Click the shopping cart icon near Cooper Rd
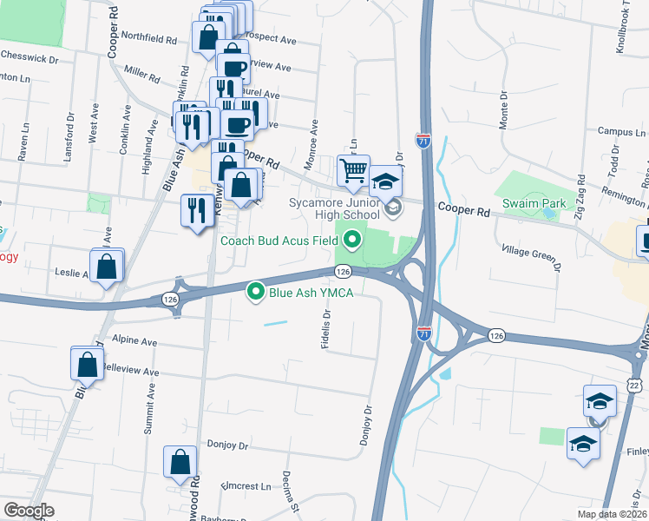coord(353,172)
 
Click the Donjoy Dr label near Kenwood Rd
coord(227,444)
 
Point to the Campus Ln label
coord(622,133)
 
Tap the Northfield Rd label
coord(148,39)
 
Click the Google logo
coord(29,511)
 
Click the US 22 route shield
coord(635,384)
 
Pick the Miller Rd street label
coord(142,76)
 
